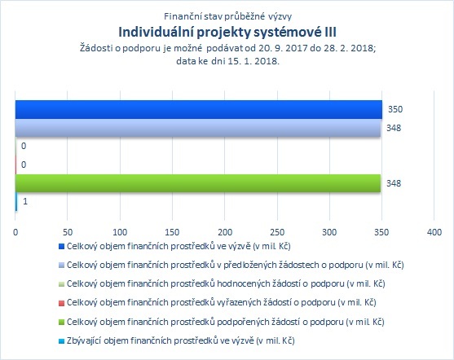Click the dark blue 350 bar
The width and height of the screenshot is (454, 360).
coord(199,109)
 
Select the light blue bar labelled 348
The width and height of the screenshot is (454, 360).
coord(198,128)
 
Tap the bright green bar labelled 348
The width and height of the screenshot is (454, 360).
coord(198,183)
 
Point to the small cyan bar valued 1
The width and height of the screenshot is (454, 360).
coord(16,202)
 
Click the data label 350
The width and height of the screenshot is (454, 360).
coord(395,109)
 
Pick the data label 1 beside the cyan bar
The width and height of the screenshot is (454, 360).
coord(25,201)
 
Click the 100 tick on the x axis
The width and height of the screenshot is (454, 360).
coord(120,232)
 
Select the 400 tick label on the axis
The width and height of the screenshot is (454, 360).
coord(434,232)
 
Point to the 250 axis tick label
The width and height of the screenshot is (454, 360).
coord(277,232)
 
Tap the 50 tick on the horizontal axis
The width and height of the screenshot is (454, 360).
coord(68,232)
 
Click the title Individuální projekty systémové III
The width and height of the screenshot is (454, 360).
coord(227,32)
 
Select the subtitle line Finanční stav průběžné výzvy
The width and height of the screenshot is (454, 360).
coord(227,16)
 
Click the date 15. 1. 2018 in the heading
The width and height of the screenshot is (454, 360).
coord(253,61)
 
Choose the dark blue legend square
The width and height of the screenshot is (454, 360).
coord(61,246)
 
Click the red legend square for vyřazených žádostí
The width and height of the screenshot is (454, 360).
coord(61,303)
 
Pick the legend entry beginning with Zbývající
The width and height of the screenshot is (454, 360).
coord(180,340)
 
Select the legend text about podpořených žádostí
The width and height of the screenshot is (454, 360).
coord(225,322)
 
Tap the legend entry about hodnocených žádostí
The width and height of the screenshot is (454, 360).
coord(226,283)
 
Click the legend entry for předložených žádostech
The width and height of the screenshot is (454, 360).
coord(235,265)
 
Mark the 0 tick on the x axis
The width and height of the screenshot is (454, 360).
coord(15,232)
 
